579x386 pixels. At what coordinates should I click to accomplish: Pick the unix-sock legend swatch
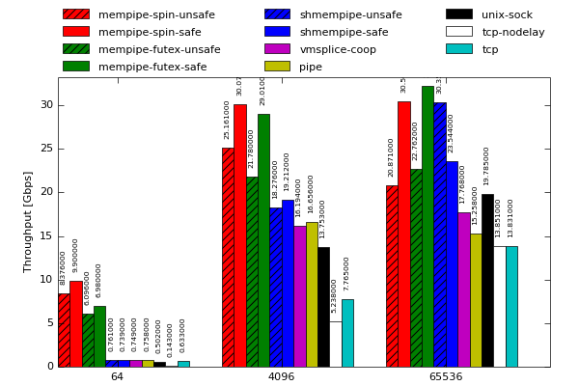(459, 14)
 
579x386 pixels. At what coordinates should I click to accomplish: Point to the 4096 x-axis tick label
(281, 376)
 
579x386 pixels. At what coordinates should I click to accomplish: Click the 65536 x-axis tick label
(445, 376)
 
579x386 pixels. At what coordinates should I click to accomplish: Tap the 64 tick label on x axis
(117, 376)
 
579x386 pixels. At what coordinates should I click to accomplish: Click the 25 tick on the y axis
(47, 149)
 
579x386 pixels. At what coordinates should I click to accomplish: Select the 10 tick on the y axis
(47, 280)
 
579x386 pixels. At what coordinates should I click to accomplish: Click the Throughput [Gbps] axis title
(28, 222)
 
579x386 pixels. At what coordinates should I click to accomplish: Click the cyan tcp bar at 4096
(347, 333)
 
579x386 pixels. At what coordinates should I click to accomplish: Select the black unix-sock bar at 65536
(487, 280)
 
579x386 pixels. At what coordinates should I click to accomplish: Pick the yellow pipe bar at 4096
(312, 294)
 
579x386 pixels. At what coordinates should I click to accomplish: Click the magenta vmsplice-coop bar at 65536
(464, 289)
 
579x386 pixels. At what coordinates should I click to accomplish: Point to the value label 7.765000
(347, 273)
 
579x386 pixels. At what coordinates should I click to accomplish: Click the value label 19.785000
(487, 166)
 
